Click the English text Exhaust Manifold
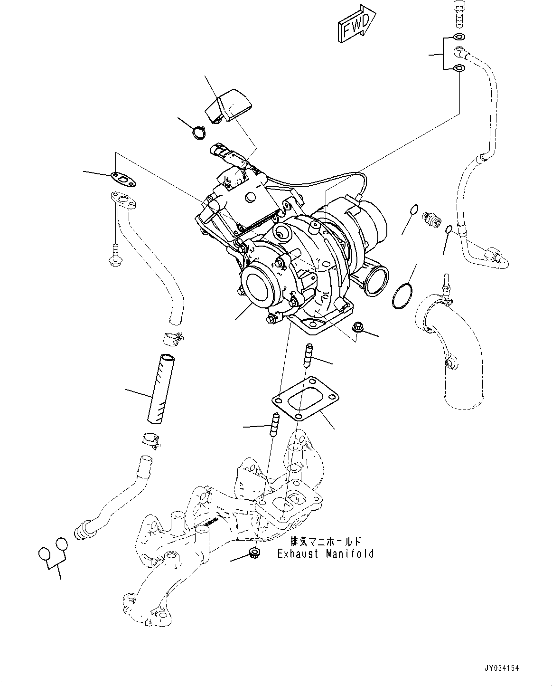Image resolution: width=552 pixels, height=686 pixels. coord(326,554)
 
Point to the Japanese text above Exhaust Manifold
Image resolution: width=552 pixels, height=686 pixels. coord(327,542)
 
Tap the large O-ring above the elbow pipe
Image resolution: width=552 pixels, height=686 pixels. coord(402,296)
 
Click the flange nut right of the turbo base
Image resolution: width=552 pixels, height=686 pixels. coord(358,327)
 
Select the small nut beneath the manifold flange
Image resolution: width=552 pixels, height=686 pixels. coord(255,553)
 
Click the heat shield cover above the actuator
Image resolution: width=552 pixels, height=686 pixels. coord(228,105)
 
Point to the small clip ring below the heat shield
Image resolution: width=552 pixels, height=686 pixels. coord(198,131)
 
